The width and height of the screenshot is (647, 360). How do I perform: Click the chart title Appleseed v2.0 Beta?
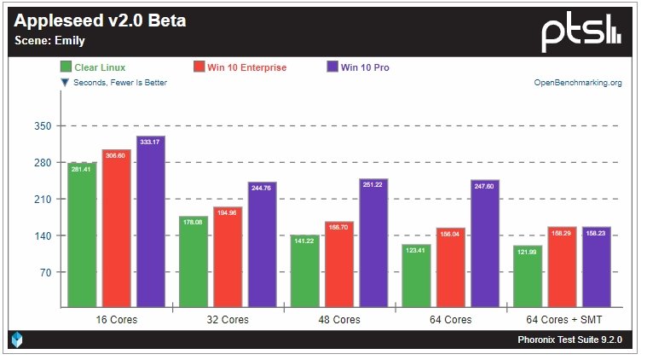tap(101, 21)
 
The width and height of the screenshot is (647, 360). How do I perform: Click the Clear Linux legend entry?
tap(93, 67)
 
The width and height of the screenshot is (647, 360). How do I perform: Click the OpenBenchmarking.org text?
tap(577, 83)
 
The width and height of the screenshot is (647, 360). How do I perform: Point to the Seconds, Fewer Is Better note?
tap(113, 83)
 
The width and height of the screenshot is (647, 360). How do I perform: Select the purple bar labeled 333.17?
tap(150, 222)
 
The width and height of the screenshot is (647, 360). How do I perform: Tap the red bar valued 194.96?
tap(228, 256)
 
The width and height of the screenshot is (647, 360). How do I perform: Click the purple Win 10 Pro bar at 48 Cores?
tap(373, 243)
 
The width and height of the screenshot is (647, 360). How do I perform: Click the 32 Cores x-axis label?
tap(227, 320)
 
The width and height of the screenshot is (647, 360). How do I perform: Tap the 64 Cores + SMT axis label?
tap(561, 320)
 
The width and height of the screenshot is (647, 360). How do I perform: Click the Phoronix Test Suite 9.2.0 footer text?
tap(569, 340)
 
